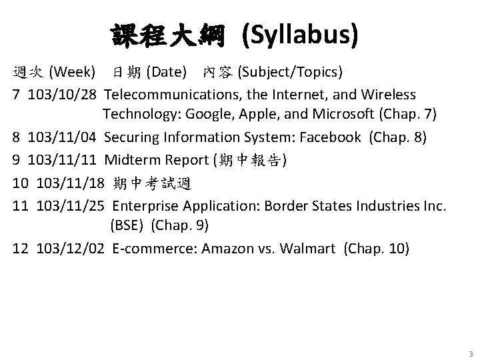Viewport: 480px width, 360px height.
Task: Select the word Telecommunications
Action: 171,95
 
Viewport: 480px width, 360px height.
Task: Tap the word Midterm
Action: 129,160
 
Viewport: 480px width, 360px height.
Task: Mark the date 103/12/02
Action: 71,249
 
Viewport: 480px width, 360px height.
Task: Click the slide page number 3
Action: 470,353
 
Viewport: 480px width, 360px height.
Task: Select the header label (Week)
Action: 75,71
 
